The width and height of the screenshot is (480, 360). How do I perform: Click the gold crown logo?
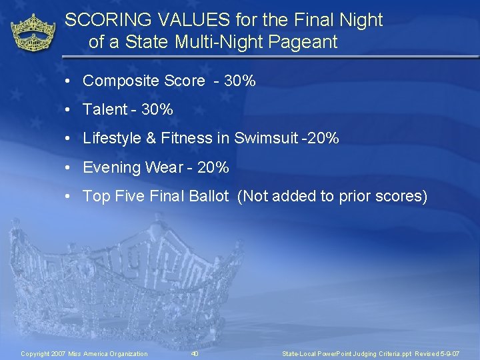click(x=34, y=33)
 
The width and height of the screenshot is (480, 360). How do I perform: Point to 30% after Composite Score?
click(x=239, y=81)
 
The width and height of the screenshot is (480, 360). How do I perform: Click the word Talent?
click(x=105, y=110)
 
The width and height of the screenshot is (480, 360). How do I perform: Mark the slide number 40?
click(x=195, y=353)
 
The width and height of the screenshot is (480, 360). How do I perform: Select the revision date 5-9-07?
click(x=447, y=353)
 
